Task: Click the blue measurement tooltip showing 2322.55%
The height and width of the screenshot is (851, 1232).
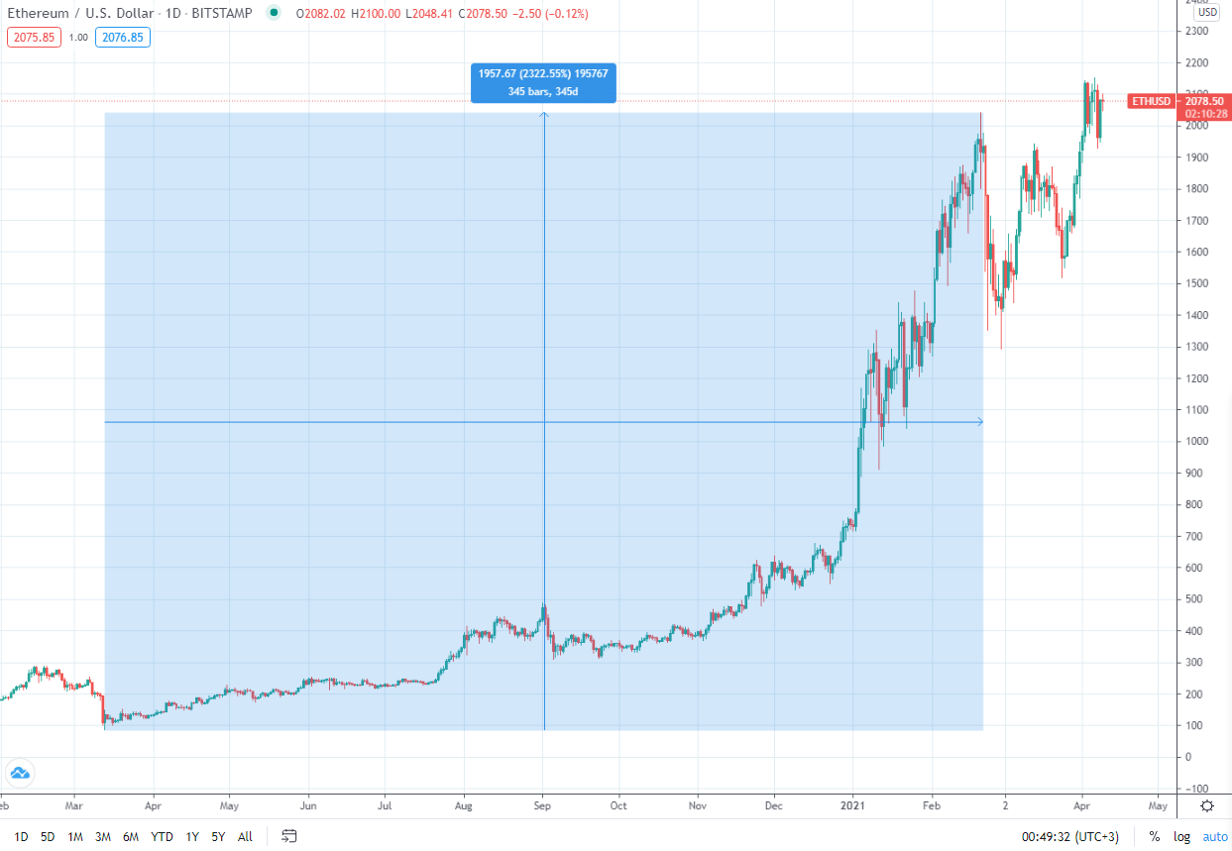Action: point(543,82)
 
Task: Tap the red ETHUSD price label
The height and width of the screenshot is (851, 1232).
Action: point(1150,101)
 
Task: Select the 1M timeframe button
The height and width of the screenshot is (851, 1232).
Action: point(75,836)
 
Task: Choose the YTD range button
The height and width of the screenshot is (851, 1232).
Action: point(162,836)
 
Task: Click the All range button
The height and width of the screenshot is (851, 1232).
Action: point(245,836)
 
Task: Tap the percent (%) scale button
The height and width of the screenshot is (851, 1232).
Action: point(1155,836)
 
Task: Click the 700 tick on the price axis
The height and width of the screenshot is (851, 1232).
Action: point(1194,536)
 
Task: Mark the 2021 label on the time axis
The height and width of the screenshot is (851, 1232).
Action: point(854,804)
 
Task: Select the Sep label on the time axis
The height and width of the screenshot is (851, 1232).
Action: point(543,804)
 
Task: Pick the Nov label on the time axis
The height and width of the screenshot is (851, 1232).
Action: point(698,804)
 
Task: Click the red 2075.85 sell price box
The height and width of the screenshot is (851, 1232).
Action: point(34,38)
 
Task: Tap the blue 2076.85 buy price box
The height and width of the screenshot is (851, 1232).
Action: point(123,38)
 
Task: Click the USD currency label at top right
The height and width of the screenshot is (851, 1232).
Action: point(1206,13)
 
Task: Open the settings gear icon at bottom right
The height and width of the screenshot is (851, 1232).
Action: point(1206,804)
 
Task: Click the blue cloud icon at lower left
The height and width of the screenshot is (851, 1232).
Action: point(20,773)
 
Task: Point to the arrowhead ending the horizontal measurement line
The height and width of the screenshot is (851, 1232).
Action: point(980,422)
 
